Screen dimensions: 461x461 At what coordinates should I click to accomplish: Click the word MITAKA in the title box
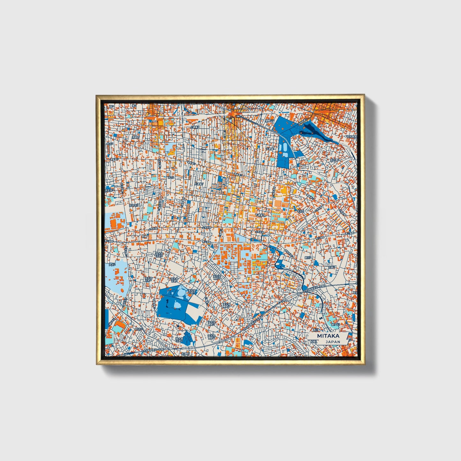[328, 336]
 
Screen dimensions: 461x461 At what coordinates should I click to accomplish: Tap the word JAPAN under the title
[333, 342]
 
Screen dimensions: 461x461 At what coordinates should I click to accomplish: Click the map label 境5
[111, 106]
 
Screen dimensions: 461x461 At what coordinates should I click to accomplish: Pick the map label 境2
[134, 106]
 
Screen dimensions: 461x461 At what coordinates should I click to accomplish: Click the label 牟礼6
[300, 211]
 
